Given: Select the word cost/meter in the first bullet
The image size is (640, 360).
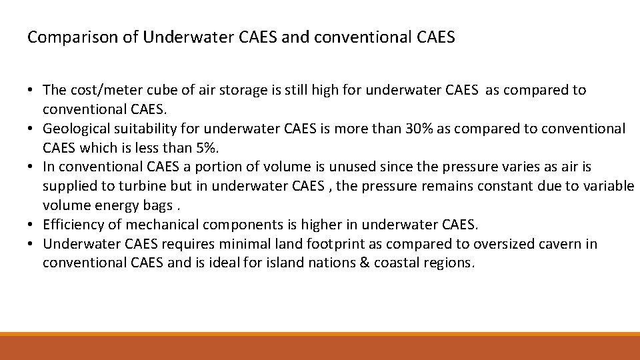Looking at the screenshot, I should (x=101, y=90).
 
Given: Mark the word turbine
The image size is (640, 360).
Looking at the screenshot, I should (x=135, y=186).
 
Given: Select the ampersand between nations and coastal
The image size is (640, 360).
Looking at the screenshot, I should (x=363, y=263).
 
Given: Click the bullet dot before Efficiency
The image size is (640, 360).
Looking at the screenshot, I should (x=31, y=225).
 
